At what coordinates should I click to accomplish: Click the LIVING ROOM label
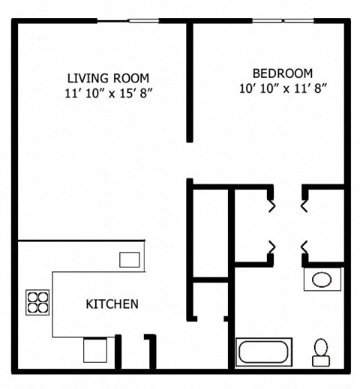click(x=108, y=78)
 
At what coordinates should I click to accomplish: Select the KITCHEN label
click(x=112, y=304)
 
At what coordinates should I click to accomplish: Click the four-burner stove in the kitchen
click(x=37, y=301)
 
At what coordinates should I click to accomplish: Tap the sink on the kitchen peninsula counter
click(x=130, y=259)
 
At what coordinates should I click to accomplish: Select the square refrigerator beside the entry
click(x=95, y=350)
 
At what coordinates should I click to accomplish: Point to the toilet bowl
click(x=321, y=347)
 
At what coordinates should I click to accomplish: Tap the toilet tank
click(x=321, y=361)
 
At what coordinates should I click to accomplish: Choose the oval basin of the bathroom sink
click(x=322, y=280)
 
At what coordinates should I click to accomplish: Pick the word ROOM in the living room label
click(x=131, y=78)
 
